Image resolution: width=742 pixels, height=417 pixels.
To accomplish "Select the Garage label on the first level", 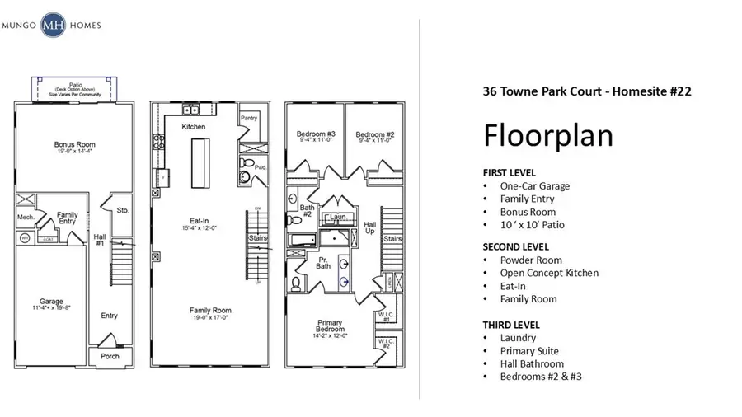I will point(51,302).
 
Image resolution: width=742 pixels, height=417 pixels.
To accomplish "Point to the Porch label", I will point(110,356).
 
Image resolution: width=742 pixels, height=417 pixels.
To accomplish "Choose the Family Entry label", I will point(68,218).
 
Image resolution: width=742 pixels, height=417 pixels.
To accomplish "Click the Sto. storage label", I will point(123,209).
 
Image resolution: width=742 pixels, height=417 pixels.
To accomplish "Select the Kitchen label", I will point(194,127).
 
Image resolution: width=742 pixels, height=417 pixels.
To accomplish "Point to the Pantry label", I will point(249,118).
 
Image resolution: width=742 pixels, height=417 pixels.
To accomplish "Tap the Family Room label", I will point(211,312).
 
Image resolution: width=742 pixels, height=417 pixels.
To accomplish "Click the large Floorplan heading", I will point(547,134).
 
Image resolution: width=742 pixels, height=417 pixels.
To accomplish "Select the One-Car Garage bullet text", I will point(534,185).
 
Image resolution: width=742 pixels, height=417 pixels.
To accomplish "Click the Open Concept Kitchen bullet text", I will point(549,273).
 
